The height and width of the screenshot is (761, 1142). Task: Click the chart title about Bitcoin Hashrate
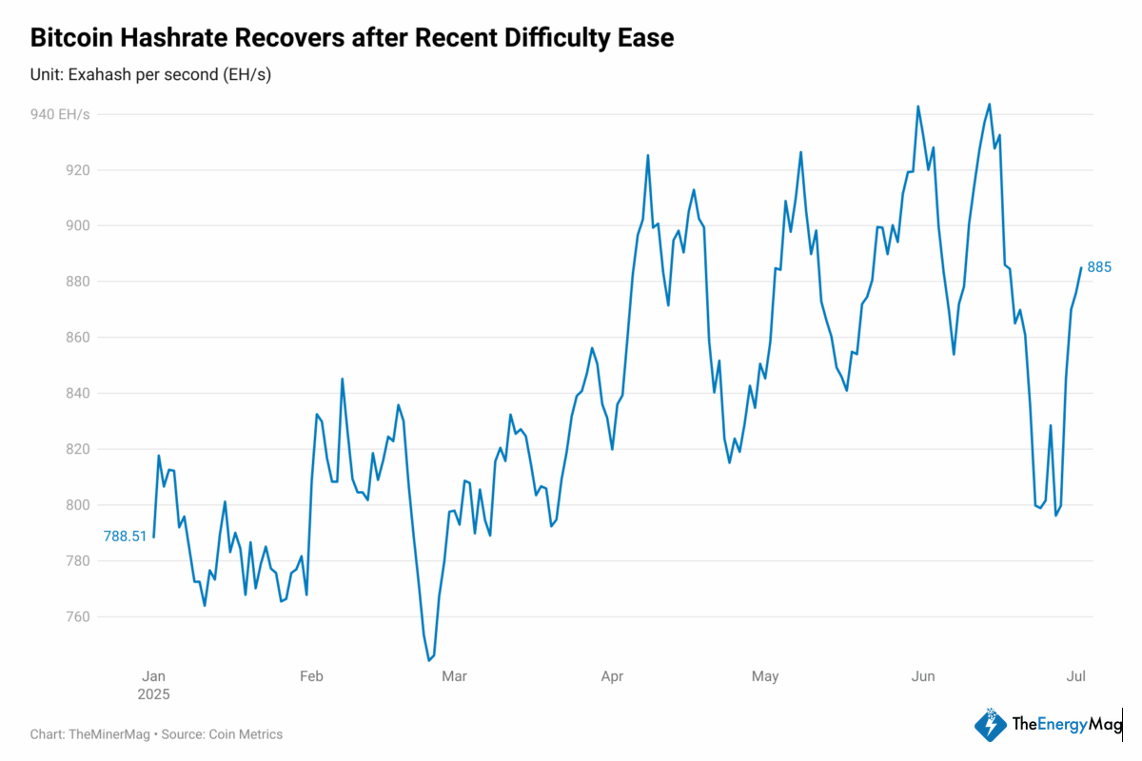pos(352,38)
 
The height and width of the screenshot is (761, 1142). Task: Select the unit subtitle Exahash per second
pos(150,74)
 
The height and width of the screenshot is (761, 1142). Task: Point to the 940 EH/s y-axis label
pos(60,114)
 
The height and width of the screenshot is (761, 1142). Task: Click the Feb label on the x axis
pos(311,676)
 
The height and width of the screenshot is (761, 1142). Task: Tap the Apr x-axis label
pos(612,676)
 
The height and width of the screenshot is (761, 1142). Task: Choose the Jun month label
pos(922,676)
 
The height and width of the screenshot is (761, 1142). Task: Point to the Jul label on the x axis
pos(1076,676)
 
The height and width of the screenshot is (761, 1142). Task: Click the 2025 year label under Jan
pos(153,694)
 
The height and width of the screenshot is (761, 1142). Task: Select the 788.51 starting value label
pos(126,537)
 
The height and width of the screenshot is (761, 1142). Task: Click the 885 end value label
pos(1099,267)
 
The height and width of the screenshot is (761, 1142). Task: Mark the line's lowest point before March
pos(429,659)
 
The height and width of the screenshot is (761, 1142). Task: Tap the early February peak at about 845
pos(343,379)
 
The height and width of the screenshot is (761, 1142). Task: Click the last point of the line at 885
pos(1080,268)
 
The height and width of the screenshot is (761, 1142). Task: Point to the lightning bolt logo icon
pos(990,725)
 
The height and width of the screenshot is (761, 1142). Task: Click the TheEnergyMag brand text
pos(1066,725)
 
